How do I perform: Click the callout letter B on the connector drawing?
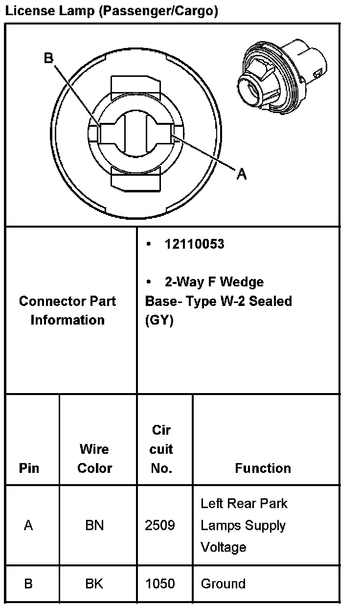[x=48, y=59]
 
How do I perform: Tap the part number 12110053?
[x=194, y=244]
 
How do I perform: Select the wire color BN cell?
[x=94, y=526]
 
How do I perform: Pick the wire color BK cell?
[x=94, y=584]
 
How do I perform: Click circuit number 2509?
[x=160, y=526]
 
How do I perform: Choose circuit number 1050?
[x=160, y=584]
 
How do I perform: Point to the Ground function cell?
[x=223, y=584]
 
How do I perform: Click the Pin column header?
[x=29, y=468]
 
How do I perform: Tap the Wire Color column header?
[x=95, y=459]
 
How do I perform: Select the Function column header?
[x=263, y=468]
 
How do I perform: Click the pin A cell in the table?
[x=28, y=526]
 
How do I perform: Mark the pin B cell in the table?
[x=28, y=584]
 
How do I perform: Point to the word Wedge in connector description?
[x=242, y=282]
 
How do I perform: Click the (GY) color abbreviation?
[x=159, y=321]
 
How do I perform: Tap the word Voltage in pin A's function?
[x=224, y=547]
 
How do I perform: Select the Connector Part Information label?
[x=67, y=310]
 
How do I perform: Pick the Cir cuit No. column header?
[x=161, y=449]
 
